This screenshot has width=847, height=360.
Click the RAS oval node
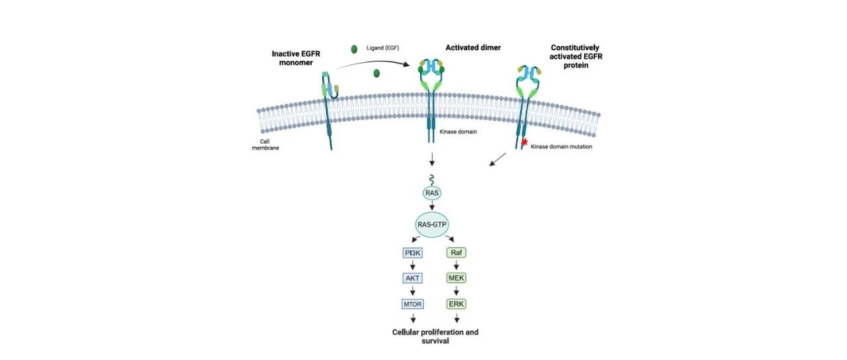[431, 193]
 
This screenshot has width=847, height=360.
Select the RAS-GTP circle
[431, 225]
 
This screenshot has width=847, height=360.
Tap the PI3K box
[413, 253]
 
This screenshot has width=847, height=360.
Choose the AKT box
[413, 278]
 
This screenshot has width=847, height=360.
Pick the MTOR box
[413, 304]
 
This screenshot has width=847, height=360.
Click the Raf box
[456, 253]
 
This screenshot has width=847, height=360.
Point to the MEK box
[456, 278]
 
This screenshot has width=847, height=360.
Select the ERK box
[456, 304]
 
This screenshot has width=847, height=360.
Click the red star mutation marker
[525, 143]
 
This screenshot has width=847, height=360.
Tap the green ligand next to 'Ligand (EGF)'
[354, 49]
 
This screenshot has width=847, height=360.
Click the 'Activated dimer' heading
[473, 48]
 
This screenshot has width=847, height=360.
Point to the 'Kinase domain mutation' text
[561, 146]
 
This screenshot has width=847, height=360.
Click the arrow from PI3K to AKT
[413, 265]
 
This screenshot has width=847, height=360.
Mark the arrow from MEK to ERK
[456, 291]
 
